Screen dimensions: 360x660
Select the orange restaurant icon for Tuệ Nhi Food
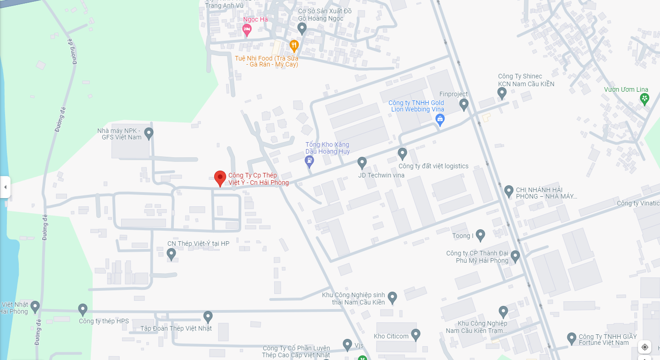(x=294, y=45)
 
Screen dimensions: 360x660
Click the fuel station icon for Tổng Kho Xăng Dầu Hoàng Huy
(x=310, y=161)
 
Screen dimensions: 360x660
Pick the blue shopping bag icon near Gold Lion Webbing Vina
(x=440, y=120)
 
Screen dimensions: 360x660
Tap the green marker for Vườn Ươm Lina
(x=645, y=98)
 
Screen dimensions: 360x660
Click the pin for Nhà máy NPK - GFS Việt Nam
(x=149, y=133)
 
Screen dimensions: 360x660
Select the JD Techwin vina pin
(x=362, y=162)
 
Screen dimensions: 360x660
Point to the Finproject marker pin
(x=464, y=105)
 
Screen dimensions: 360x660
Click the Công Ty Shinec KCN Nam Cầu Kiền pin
(x=502, y=93)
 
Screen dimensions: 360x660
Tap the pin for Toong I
(x=480, y=235)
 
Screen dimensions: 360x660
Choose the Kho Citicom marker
(x=416, y=334)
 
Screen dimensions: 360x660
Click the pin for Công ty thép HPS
(x=83, y=309)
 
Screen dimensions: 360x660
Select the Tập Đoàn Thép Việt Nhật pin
(x=208, y=316)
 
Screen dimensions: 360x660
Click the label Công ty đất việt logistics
(x=433, y=166)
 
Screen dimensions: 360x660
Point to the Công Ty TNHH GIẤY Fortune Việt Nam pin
(x=571, y=338)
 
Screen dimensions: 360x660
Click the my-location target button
(x=645, y=347)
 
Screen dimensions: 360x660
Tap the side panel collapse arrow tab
(x=5, y=187)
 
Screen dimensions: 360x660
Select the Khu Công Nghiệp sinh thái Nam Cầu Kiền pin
(x=392, y=297)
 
